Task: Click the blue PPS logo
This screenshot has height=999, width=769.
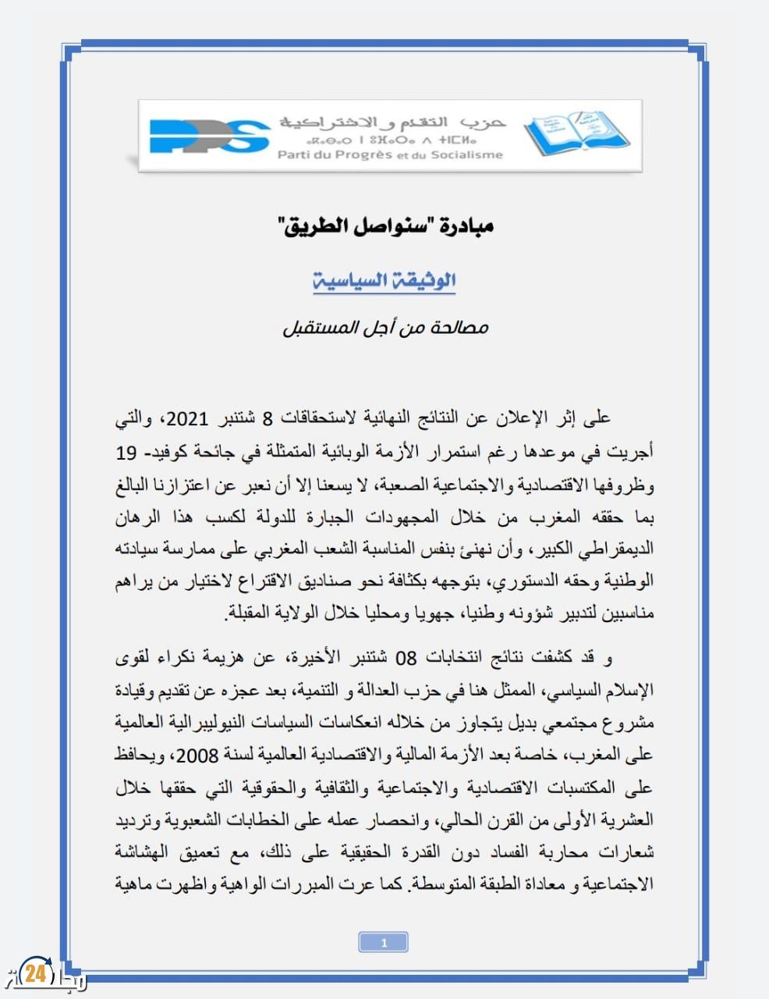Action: tap(209, 135)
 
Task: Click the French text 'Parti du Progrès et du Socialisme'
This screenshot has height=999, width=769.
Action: tap(390, 155)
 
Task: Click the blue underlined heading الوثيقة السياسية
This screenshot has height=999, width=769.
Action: tap(384, 280)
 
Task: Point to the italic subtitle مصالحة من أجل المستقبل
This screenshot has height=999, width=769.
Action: tap(385, 327)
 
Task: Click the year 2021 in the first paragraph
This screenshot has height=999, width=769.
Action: tap(188, 418)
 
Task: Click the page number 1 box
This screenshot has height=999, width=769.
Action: tap(384, 943)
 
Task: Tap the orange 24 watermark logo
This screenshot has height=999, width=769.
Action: tap(34, 973)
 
